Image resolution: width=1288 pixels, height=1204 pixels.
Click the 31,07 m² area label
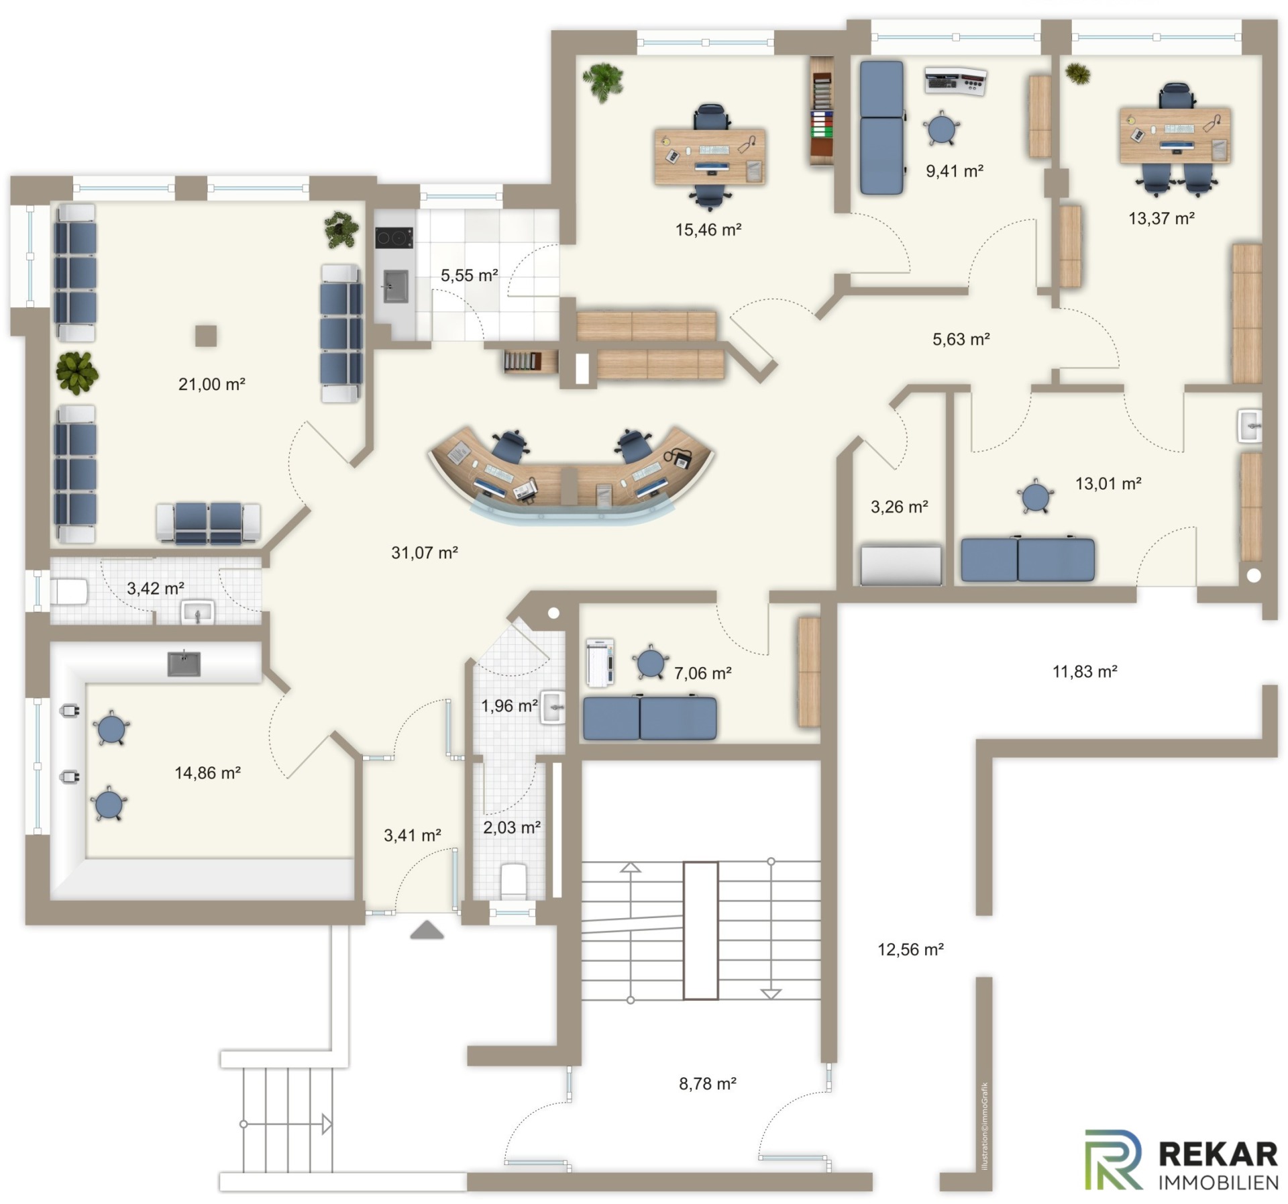(424, 553)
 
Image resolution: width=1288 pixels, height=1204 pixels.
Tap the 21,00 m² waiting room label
(211, 385)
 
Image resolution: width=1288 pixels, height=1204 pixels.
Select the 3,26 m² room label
(899, 507)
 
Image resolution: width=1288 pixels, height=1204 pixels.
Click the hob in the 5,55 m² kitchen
(394, 238)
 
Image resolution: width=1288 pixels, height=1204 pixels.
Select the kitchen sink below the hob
(394, 286)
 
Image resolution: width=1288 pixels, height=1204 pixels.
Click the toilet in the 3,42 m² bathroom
(70, 592)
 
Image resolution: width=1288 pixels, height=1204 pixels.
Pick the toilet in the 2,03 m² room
(514, 881)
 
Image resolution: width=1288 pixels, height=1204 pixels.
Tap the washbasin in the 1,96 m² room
(553, 707)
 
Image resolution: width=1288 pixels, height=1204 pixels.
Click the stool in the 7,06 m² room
(649, 662)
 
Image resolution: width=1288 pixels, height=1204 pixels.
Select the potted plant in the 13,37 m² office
(1077, 73)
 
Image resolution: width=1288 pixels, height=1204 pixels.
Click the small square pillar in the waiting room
(206, 336)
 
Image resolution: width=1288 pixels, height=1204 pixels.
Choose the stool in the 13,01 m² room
(1034, 497)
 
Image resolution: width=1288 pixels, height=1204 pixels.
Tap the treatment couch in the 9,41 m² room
(881, 128)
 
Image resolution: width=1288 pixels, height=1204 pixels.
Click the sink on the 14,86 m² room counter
(183, 663)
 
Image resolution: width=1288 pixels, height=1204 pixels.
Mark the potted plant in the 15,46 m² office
(604, 82)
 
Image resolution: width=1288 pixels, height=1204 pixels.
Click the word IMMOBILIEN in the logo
(1218, 1181)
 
